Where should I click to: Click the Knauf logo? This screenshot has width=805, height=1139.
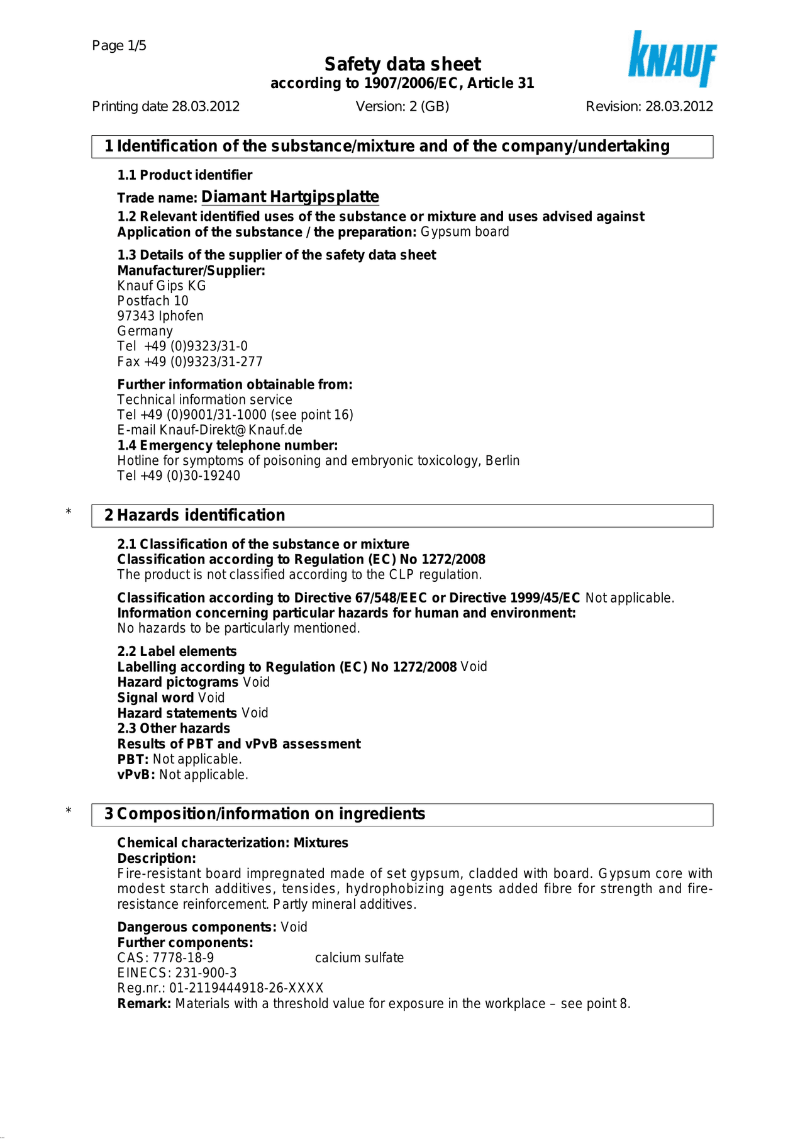[x=672, y=60]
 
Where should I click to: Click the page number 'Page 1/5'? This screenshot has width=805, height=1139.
[x=119, y=45]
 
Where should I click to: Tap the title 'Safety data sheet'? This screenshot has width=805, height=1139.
[x=402, y=64]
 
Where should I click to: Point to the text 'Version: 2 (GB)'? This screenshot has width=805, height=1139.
[x=402, y=106]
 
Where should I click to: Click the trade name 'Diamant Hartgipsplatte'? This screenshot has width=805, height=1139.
[x=290, y=197]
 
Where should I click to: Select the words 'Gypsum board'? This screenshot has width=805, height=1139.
[x=465, y=232]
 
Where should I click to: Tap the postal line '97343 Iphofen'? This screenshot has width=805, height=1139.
[x=160, y=316]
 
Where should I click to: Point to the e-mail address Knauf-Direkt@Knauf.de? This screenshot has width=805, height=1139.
[x=231, y=430]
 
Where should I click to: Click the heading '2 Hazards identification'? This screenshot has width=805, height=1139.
[x=195, y=515]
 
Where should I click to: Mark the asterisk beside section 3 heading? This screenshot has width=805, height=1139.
[x=69, y=811]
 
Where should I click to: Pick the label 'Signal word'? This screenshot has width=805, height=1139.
[x=155, y=697]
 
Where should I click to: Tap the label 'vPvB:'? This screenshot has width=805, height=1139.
[x=136, y=775]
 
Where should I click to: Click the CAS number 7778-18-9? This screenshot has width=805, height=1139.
[x=183, y=958]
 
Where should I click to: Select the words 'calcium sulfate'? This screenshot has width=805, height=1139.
[x=359, y=958]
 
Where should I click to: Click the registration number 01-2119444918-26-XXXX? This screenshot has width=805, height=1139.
[x=246, y=988]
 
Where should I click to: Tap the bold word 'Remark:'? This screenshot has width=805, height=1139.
[x=144, y=1004]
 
